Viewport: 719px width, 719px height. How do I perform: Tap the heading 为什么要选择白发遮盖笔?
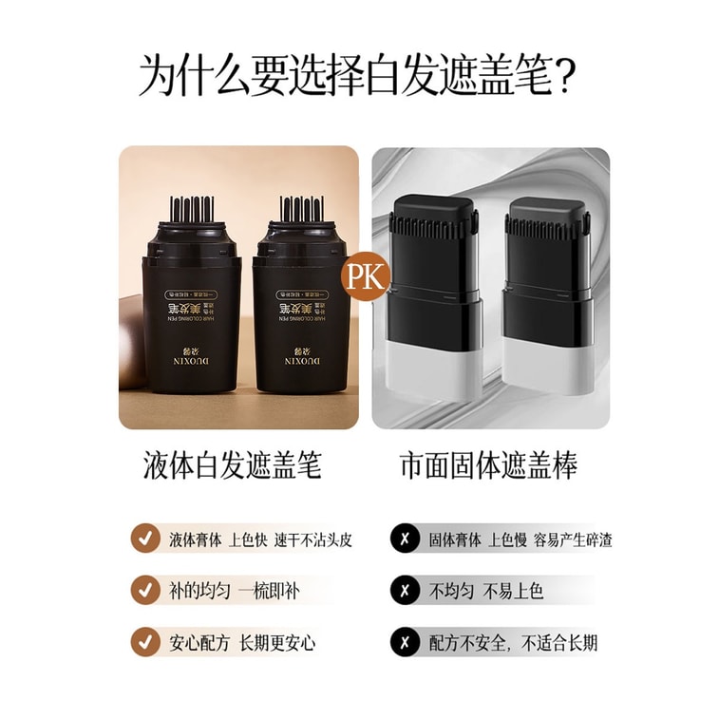(359, 75)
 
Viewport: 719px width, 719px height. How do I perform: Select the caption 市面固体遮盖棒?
(489, 466)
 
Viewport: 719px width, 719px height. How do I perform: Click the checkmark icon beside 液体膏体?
(144, 538)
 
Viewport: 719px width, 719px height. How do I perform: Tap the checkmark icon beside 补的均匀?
(144, 590)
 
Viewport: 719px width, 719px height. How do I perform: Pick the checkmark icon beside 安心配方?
(144, 641)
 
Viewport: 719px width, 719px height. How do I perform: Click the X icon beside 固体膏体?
(405, 539)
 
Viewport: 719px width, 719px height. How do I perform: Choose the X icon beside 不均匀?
(405, 590)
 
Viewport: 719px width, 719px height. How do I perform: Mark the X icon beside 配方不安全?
(405, 642)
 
